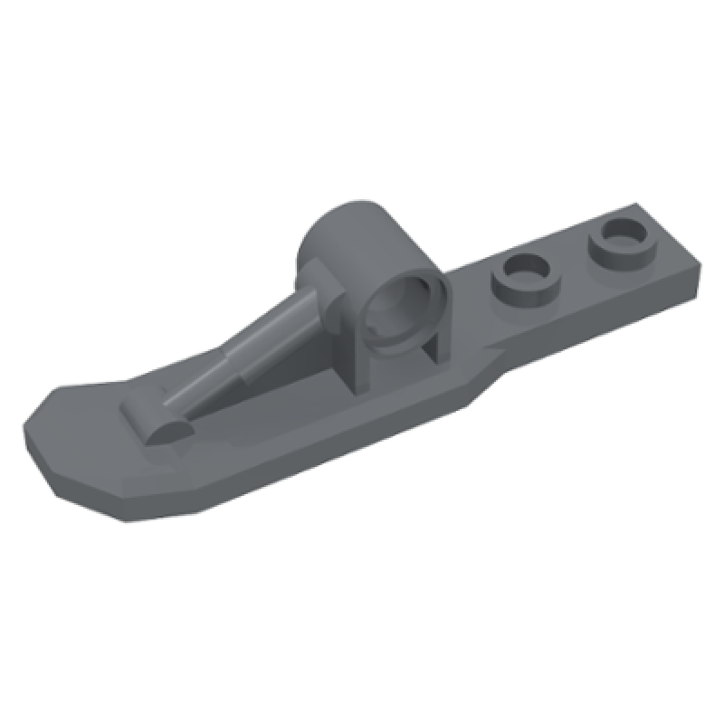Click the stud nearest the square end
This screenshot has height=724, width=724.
(620, 241)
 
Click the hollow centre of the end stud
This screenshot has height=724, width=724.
(621, 235)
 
